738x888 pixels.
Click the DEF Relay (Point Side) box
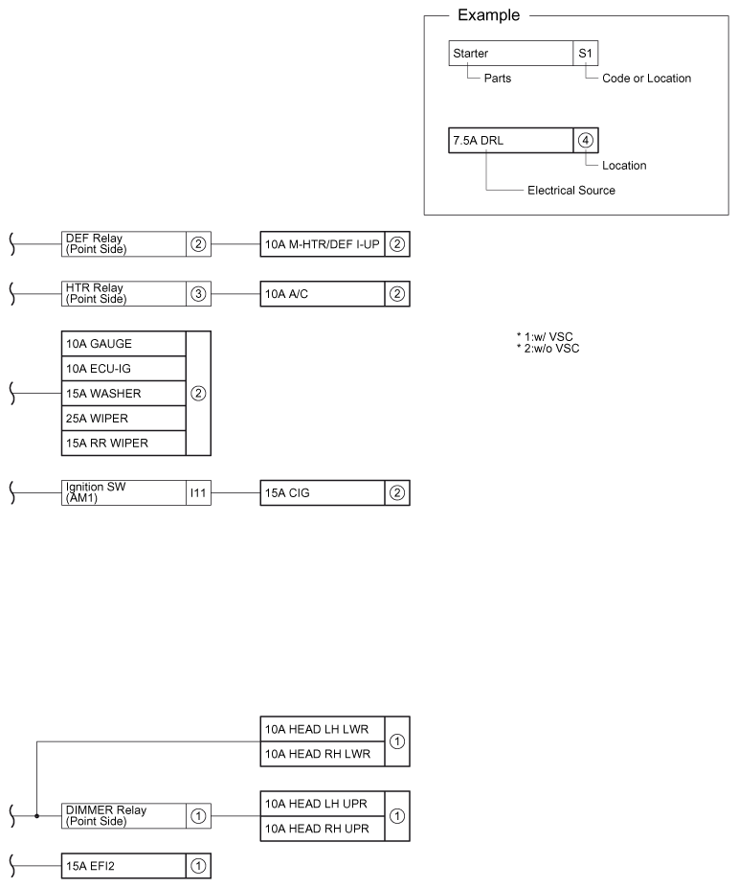(123, 243)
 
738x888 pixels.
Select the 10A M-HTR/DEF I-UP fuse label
(322, 243)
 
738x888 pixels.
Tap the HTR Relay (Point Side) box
(123, 293)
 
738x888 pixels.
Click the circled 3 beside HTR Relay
(198, 293)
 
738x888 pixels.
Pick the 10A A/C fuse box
(322, 293)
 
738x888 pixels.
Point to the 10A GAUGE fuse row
(123, 343)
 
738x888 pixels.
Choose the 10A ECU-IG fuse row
(123, 368)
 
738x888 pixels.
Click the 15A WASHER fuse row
(123, 393)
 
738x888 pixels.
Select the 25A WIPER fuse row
(123, 418)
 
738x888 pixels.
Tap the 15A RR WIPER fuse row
(123, 443)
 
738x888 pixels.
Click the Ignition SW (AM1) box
(123, 492)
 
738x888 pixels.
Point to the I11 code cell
(198, 492)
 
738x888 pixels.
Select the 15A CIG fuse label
(322, 492)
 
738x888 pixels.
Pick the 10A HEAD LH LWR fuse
(322, 729)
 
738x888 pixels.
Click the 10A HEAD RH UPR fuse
(322, 829)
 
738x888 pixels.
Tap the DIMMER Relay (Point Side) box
(123, 816)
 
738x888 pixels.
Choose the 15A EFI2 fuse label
(123, 866)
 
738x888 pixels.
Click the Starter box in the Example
(510, 54)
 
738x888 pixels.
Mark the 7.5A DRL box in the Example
(510, 140)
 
